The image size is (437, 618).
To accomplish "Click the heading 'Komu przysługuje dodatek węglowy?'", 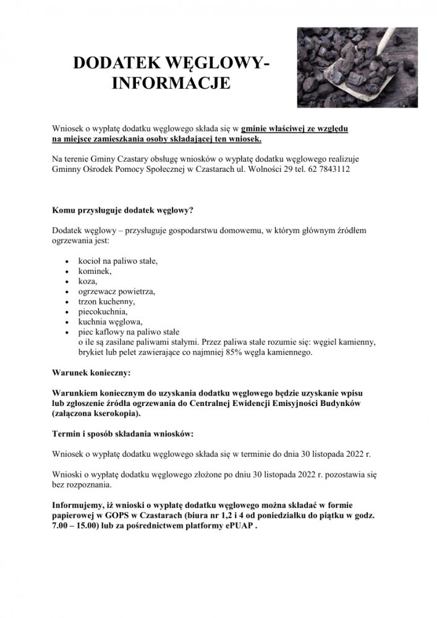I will (x=123, y=210).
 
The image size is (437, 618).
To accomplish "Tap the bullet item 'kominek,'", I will (x=95, y=271).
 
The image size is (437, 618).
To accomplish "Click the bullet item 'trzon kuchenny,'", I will (x=106, y=301).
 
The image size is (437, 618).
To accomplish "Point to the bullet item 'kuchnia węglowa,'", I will (x=110, y=321).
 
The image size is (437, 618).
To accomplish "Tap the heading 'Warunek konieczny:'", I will (x=91, y=373).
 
